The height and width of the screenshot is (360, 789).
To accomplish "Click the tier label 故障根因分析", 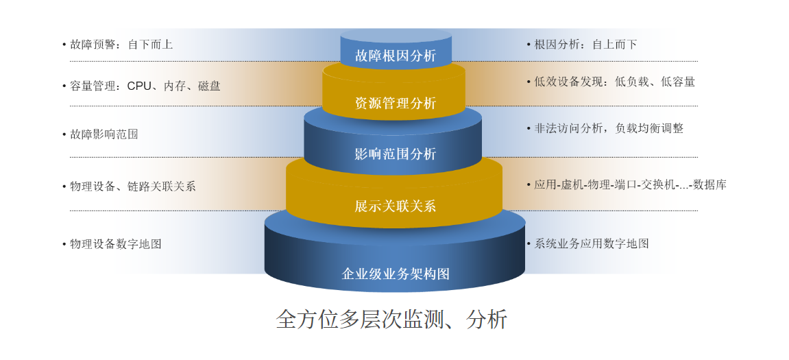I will [x=396, y=56].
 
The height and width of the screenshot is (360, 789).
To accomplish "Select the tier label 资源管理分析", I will [x=396, y=104].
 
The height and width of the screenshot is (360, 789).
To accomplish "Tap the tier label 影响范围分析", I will [x=396, y=154].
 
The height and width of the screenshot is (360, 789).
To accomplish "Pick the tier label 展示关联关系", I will [x=396, y=206].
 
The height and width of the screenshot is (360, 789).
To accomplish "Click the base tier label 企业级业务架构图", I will [x=396, y=274].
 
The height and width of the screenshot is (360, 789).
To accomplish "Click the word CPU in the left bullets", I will [x=139, y=86].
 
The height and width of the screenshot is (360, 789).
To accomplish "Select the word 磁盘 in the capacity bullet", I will [x=209, y=86].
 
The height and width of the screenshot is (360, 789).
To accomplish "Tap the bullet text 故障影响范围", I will [x=104, y=134].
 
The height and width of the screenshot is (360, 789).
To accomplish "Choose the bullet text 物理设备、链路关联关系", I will [x=133, y=187].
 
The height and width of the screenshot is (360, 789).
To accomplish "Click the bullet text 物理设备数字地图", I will [x=116, y=244].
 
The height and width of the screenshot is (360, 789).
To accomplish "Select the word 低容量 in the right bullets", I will [x=678, y=82].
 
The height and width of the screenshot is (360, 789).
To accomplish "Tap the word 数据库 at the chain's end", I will [x=709, y=184].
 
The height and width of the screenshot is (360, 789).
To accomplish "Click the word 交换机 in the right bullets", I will [x=655, y=184].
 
